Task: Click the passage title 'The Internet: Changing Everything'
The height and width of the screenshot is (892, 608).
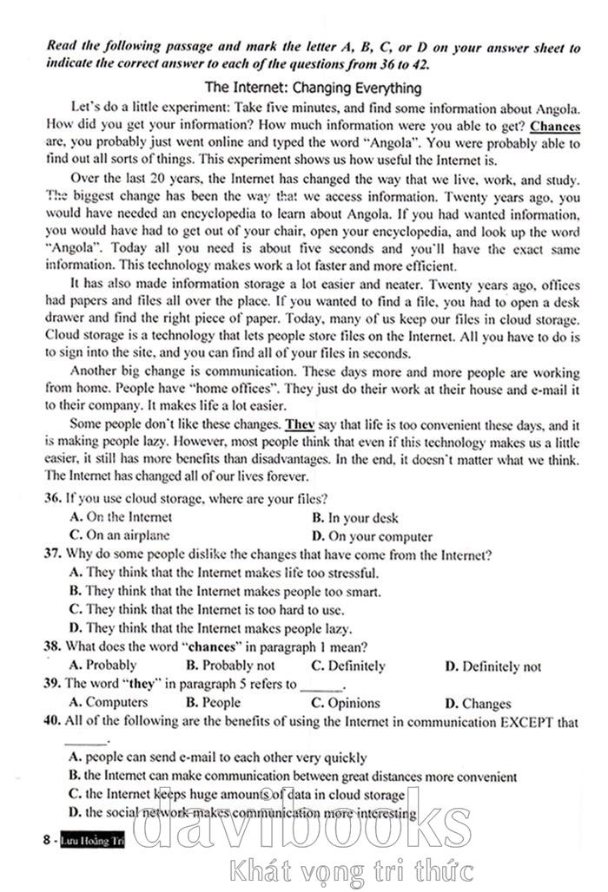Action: pyautogui.click(x=312, y=88)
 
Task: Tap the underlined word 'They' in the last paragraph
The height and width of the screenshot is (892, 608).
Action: pyautogui.click(x=299, y=426)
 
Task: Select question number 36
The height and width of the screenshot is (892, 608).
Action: pyautogui.click(x=51, y=498)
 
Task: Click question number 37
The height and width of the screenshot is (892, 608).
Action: pyautogui.click(x=51, y=554)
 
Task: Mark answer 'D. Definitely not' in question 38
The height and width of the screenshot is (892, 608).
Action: pyautogui.click(x=492, y=666)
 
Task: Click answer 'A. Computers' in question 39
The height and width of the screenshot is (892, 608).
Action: pyautogui.click(x=108, y=702)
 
